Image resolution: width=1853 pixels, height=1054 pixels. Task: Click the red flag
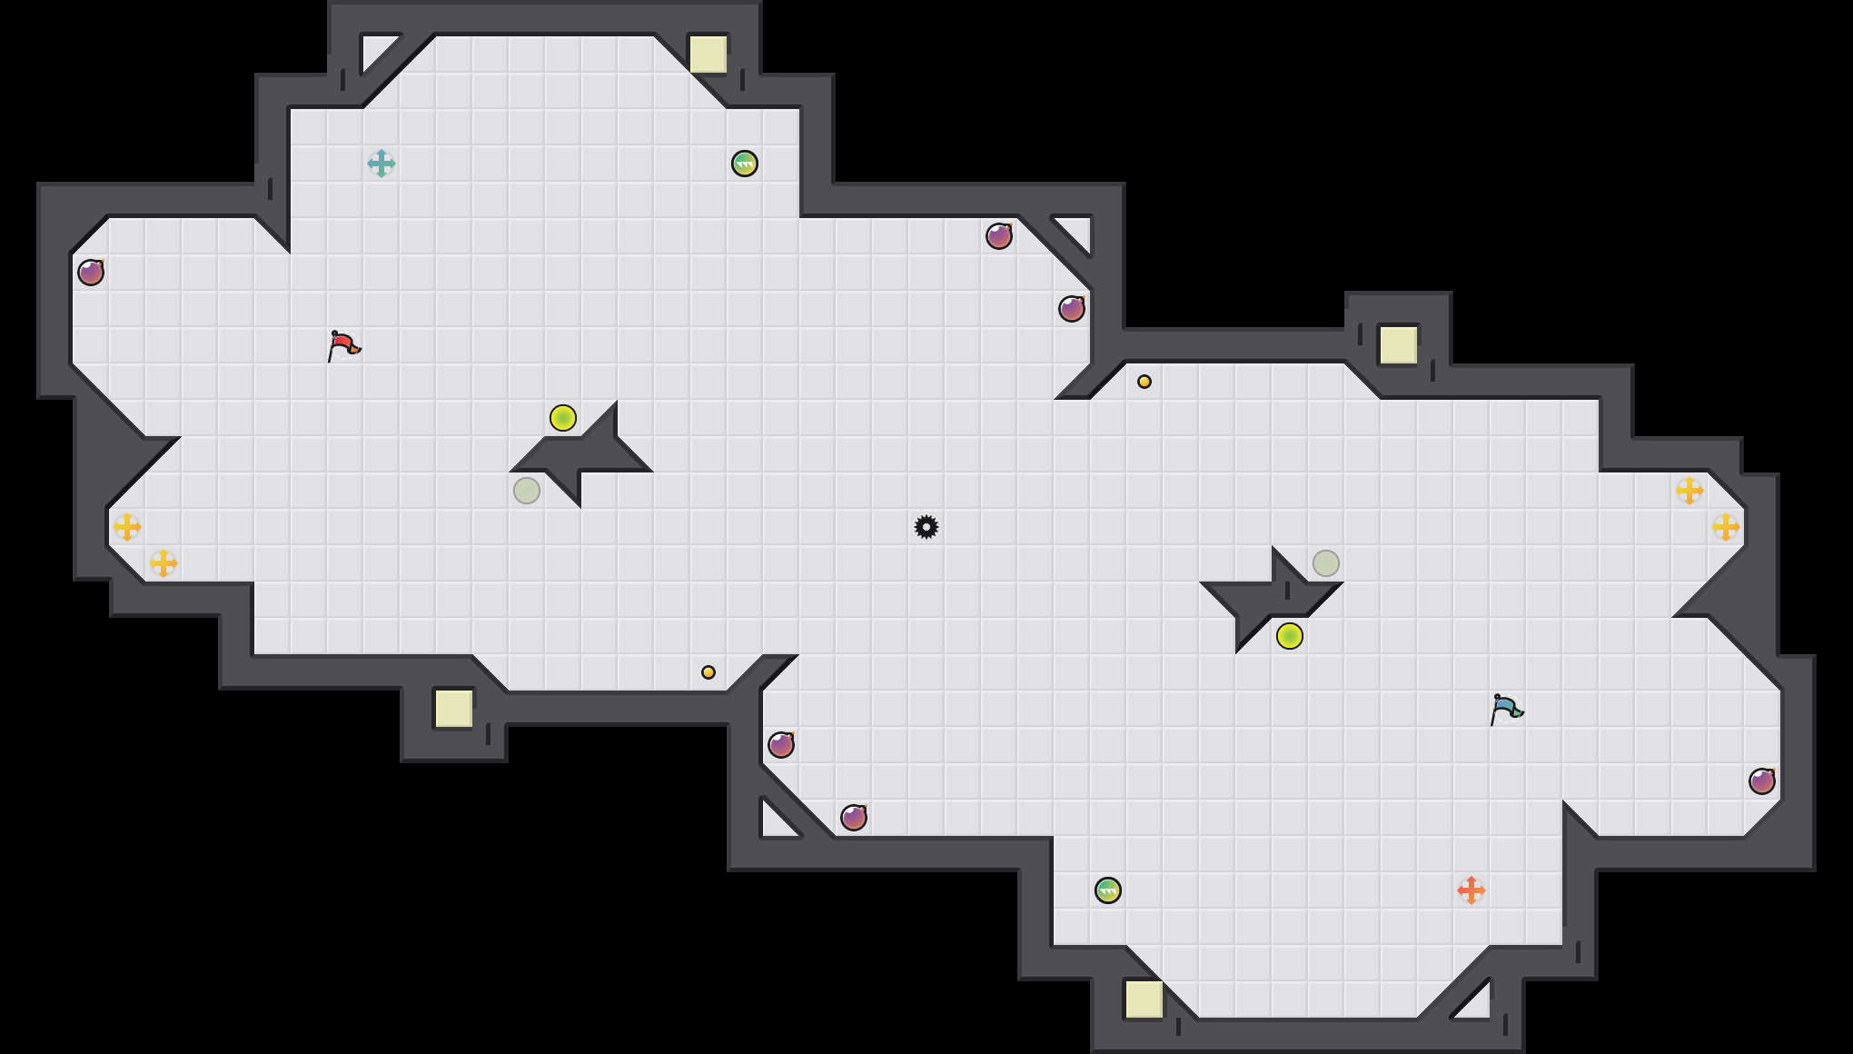343,345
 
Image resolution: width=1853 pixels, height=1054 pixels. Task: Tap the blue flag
1506,709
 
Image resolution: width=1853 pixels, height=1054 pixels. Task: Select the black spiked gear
926,527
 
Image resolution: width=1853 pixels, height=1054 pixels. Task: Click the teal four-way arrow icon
381,164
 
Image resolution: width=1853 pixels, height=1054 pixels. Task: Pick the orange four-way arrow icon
1471,890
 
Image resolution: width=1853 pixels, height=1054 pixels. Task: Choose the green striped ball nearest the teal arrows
745,164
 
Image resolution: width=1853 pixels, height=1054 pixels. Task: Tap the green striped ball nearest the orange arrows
1108,890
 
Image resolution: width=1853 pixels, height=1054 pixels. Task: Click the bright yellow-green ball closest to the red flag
563,418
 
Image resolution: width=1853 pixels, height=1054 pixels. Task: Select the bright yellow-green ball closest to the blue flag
1290,636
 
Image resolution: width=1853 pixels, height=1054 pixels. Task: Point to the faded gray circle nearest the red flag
527,491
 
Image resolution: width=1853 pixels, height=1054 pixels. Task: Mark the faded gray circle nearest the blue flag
1326,563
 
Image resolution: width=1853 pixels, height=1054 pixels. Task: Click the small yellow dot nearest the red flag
708,672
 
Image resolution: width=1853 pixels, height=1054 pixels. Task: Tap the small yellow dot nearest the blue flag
1144,382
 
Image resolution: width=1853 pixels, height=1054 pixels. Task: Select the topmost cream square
708,55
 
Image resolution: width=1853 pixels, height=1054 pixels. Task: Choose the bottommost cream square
1144,999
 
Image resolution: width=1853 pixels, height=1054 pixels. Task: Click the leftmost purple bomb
91,273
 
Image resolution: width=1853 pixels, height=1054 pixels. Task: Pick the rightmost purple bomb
1762,781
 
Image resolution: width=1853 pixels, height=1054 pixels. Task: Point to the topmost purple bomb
999,236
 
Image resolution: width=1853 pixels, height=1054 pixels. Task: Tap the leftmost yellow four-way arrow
127,527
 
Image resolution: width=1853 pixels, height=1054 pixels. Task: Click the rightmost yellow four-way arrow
1726,527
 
